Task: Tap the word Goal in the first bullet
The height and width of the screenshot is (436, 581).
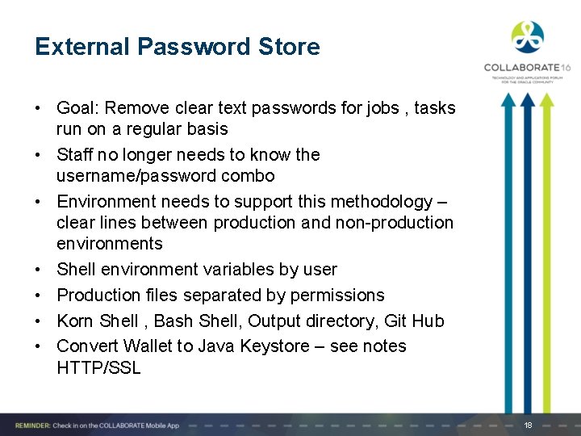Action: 75,108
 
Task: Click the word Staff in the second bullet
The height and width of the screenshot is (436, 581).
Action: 76,155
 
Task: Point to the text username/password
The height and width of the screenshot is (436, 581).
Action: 132,176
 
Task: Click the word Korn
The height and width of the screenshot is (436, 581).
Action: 76,321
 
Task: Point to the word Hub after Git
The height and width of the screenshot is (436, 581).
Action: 428,321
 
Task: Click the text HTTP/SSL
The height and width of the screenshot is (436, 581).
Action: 98,368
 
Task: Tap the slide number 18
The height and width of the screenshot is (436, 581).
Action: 528,425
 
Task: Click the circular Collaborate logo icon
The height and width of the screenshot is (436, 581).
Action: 527,37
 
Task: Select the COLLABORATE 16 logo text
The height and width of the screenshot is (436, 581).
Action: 526,68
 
